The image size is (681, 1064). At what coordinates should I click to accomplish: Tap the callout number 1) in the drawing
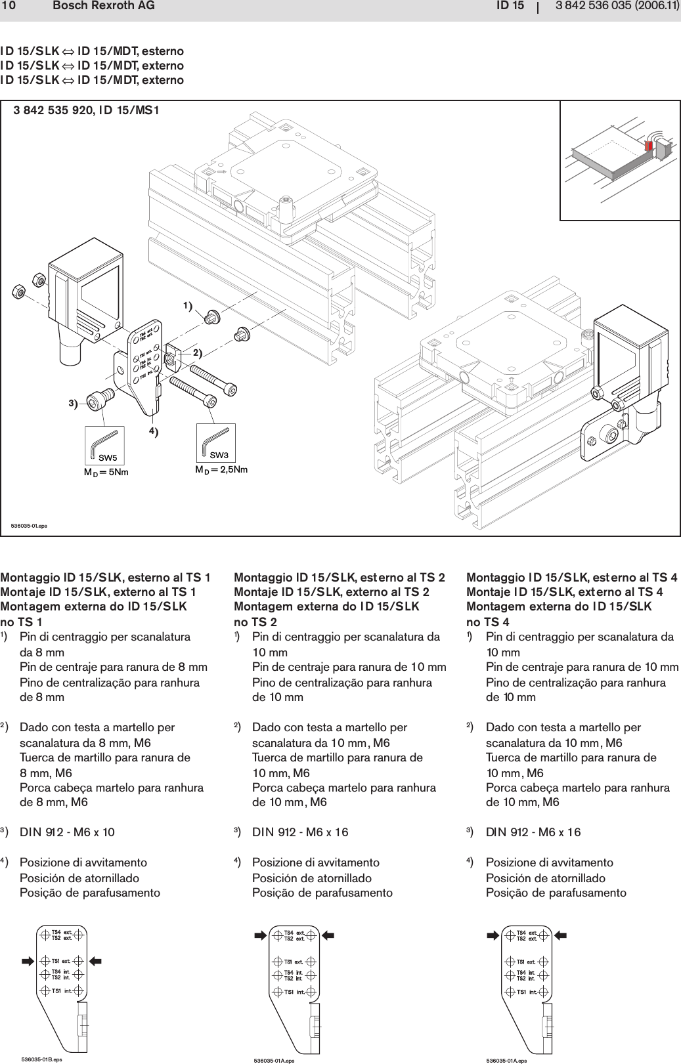(x=188, y=307)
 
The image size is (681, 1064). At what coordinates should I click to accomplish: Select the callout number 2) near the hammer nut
(x=198, y=352)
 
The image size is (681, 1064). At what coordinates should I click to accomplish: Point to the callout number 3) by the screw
(x=73, y=403)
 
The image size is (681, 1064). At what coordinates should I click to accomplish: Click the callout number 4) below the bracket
(x=153, y=431)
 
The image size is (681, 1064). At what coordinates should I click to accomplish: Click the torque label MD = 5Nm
(x=106, y=472)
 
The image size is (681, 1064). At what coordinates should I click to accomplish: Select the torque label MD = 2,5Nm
(x=221, y=470)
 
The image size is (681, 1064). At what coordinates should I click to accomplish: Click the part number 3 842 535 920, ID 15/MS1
(x=87, y=110)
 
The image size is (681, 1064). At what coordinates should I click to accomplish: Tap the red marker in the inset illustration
(x=649, y=146)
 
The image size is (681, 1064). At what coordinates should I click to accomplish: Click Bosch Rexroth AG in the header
(x=104, y=6)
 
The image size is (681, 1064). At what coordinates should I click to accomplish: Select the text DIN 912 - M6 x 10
(x=67, y=832)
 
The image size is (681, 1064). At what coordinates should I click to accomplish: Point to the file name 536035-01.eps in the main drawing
(x=29, y=526)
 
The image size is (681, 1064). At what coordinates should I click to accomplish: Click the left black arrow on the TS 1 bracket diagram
(x=28, y=961)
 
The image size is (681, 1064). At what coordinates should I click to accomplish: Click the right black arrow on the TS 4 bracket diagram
(x=561, y=935)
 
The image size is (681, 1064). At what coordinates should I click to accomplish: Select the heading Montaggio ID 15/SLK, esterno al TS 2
(x=340, y=578)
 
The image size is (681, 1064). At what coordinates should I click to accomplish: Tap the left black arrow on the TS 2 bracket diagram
(x=260, y=934)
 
